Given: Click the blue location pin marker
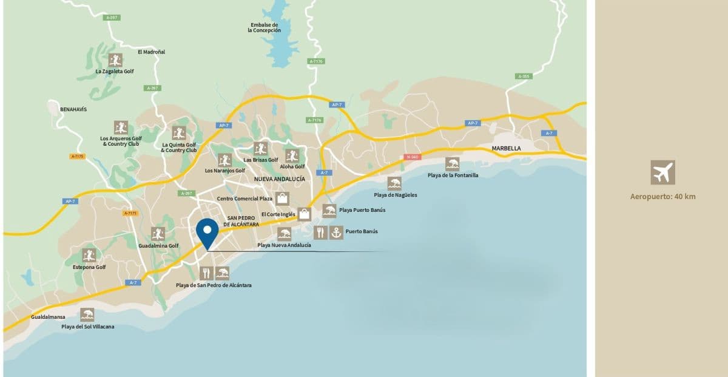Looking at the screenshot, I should [x=207, y=231].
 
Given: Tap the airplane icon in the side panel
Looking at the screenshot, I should [x=662, y=172].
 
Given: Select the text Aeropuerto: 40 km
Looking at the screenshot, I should [x=662, y=196].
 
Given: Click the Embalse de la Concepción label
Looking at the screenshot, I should [x=265, y=27].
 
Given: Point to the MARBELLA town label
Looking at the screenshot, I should [x=507, y=148].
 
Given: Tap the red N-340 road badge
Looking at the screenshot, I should [x=412, y=157].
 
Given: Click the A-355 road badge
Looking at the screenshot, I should [x=524, y=76].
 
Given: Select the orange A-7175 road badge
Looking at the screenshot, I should [x=77, y=156].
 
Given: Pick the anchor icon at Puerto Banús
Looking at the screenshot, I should [x=336, y=232].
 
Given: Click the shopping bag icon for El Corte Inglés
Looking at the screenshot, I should [x=305, y=214].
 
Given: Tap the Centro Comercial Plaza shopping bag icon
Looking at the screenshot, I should [x=282, y=199].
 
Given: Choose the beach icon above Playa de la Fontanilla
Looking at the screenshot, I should [x=453, y=164].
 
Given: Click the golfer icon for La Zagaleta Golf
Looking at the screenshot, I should [x=115, y=59].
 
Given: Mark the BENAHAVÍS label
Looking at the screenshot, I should [x=73, y=109].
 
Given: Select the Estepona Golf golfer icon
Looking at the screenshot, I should [x=89, y=255].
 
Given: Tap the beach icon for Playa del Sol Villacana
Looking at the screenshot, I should [x=87, y=314].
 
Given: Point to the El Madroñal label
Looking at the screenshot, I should [x=151, y=52].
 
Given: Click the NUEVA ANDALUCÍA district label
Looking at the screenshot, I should [x=279, y=179].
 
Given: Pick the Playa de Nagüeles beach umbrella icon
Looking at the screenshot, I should [x=395, y=183].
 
